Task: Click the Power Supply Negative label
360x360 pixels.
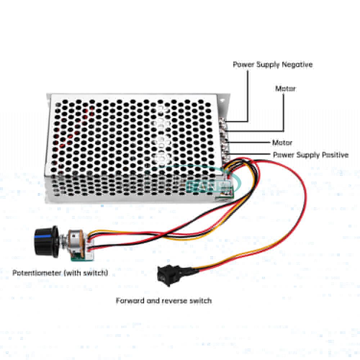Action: pos(273,65)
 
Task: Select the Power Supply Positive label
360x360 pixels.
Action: pos(311,155)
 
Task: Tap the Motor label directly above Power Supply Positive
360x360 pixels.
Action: pos(282,143)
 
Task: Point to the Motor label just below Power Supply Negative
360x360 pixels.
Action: pos(285,89)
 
